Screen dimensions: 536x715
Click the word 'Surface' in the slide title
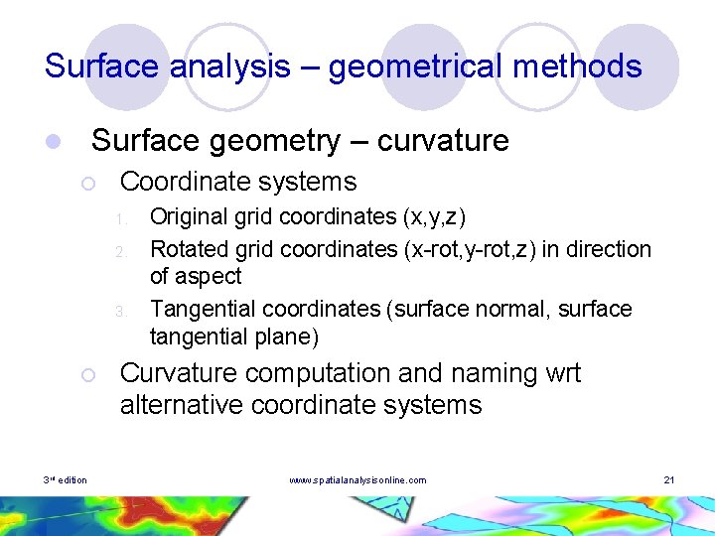click(x=102, y=67)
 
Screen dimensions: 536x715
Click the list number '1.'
click(x=118, y=217)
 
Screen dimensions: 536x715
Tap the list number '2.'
click(x=118, y=249)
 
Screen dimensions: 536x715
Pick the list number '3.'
click(x=118, y=311)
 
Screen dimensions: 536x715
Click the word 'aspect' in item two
click(x=210, y=276)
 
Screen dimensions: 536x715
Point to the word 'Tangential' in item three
click(x=202, y=309)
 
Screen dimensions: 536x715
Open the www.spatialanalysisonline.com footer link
click(x=357, y=480)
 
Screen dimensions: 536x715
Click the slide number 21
click(x=668, y=480)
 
